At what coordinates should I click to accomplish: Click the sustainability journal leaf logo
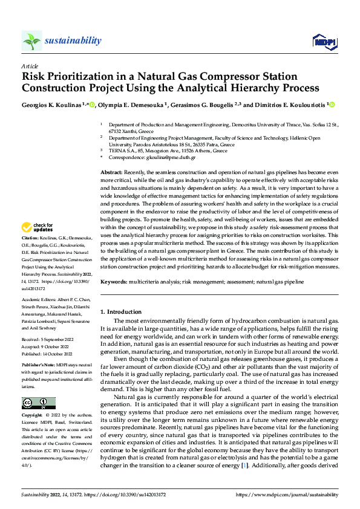(32, 41)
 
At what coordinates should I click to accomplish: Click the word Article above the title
(30, 65)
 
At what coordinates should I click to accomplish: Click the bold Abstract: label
(112, 173)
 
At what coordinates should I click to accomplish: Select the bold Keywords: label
(115, 282)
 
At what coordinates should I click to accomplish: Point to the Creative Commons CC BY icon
(38, 403)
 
